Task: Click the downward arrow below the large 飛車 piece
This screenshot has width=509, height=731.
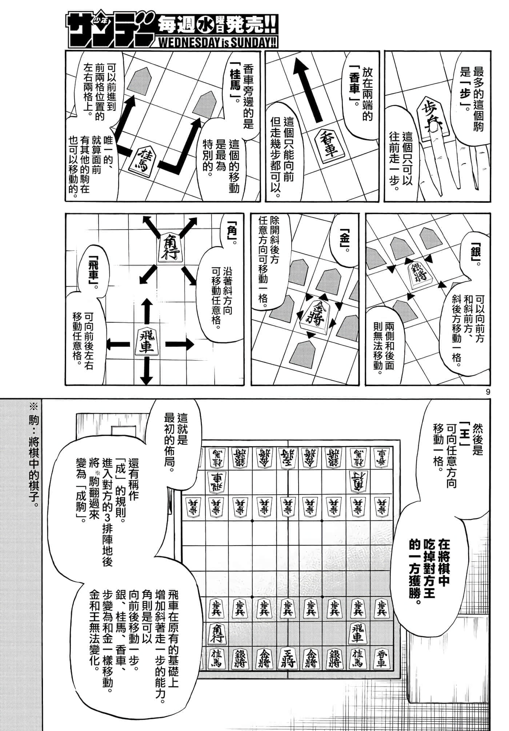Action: point(147,371)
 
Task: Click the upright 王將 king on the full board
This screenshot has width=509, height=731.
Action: point(288,655)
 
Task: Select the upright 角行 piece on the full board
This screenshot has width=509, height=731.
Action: point(217,631)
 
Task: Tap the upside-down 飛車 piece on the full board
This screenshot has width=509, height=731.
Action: point(217,481)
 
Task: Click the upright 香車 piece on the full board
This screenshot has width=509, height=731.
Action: point(381,656)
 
